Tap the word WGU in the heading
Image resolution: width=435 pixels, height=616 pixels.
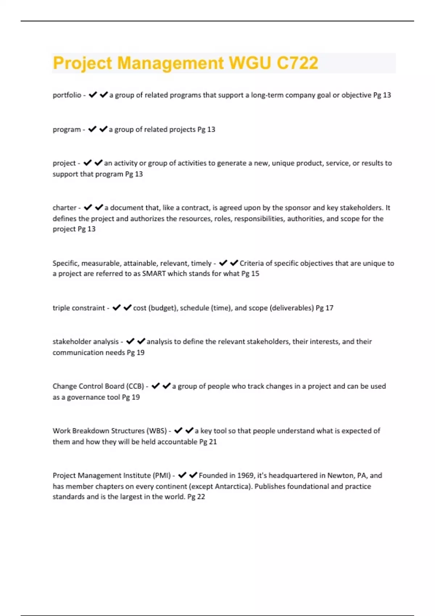pyautogui.click(x=250, y=63)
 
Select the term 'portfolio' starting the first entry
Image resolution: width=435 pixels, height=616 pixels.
pyautogui.click(x=67, y=95)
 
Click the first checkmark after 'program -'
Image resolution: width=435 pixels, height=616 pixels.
pyautogui.click(x=92, y=129)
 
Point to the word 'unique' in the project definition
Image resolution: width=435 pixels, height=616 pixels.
pyautogui.click(x=283, y=163)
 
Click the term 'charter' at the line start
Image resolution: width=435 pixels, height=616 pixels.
pyautogui.click(x=65, y=208)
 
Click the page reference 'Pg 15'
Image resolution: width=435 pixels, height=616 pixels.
pyautogui.click(x=250, y=274)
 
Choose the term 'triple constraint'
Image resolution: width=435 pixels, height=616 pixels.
pyautogui.click(x=79, y=308)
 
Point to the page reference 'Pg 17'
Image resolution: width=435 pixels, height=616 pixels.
pyautogui.click(x=324, y=308)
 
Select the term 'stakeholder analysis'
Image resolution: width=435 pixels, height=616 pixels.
pyautogui.click(x=86, y=342)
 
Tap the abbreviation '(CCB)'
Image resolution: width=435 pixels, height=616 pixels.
pyautogui.click(x=135, y=386)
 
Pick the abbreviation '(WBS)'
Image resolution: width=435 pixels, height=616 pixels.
pyautogui.click(x=157, y=431)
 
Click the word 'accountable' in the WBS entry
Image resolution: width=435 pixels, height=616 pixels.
pyautogui.click(x=178, y=442)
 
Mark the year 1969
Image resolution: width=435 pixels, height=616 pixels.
pyautogui.click(x=246, y=475)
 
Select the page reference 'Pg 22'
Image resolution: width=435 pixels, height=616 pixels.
pyautogui.click(x=196, y=497)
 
